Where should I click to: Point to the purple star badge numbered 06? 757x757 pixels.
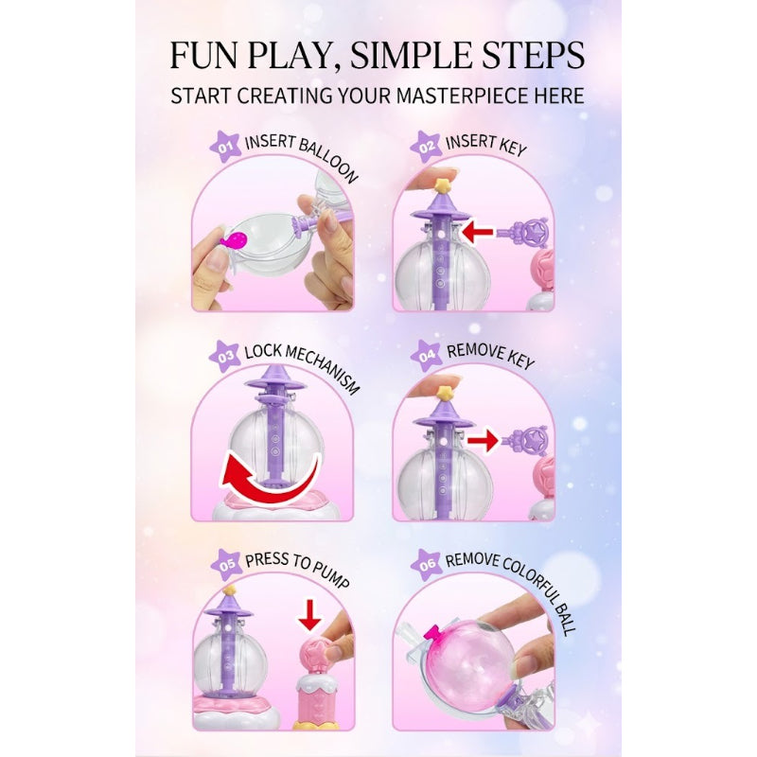pyautogui.click(x=428, y=565)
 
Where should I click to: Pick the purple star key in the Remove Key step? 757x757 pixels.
pyautogui.click(x=529, y=439)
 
